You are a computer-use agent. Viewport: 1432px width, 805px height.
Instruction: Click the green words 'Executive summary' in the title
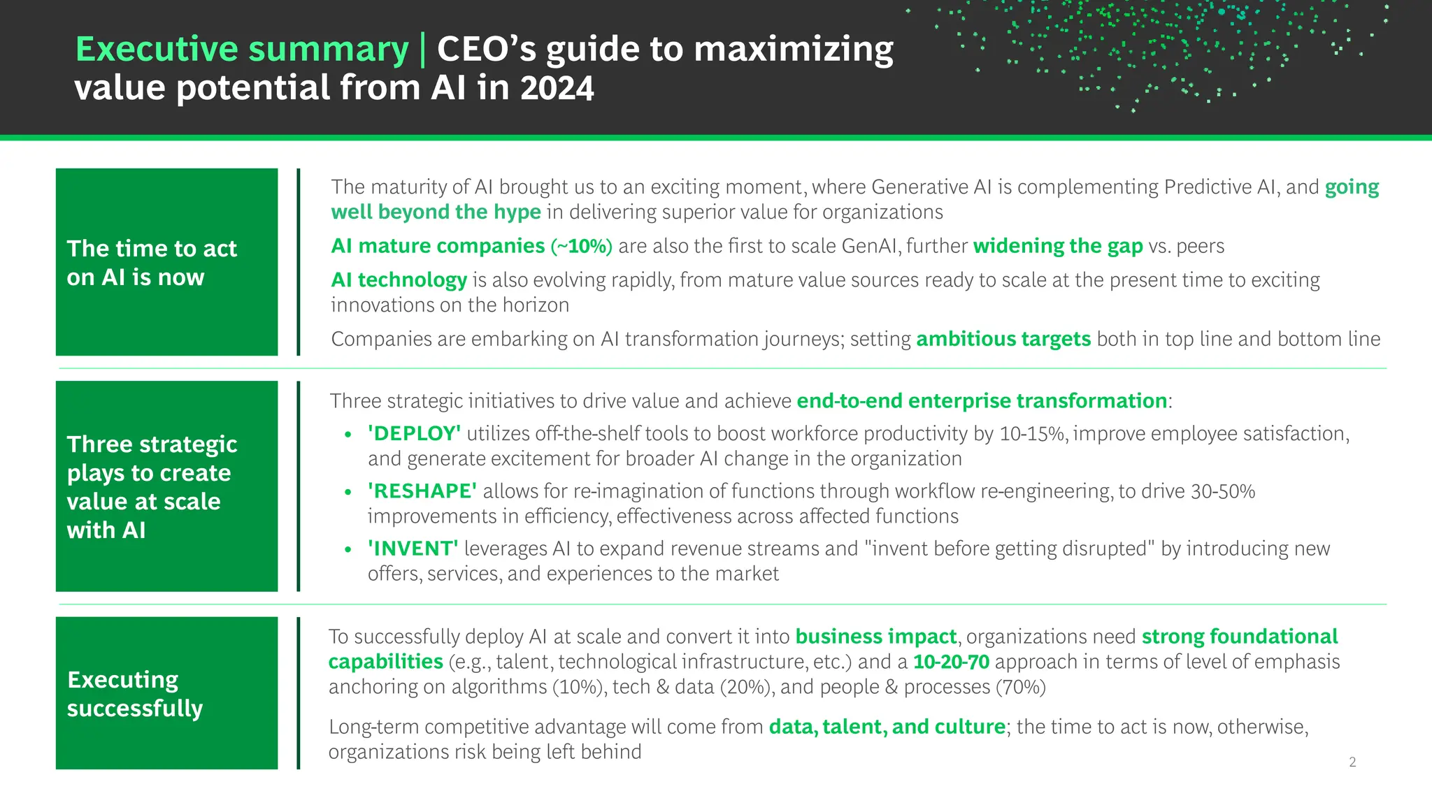[241, 50]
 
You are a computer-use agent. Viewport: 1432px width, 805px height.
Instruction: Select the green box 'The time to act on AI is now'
[166, 262]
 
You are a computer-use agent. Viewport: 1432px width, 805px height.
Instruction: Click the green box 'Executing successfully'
[166, 693]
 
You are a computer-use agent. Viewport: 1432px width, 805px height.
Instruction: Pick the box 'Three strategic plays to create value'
[166, 486]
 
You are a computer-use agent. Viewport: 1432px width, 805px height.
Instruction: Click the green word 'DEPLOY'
[414, 434]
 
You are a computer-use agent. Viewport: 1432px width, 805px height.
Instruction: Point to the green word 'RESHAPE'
[422, 491]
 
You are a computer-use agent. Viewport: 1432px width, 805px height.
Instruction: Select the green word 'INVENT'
[413, 549]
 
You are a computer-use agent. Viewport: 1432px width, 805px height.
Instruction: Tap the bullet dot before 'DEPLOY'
[348, 435]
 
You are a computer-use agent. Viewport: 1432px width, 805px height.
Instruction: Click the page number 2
[1352, 762]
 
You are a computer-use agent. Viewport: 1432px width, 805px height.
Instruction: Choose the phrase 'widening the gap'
[1058, 246]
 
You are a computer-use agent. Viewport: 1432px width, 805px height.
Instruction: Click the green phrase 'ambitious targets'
[1003, 339]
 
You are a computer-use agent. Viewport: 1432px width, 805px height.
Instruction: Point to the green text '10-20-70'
[951, 662]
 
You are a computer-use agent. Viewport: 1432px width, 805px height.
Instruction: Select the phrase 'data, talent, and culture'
[887, 727]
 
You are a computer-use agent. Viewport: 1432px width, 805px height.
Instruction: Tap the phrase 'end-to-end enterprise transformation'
[982, 401]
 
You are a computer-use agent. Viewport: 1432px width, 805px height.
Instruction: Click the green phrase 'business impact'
[875, 637]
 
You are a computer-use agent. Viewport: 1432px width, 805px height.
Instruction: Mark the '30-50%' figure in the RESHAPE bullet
[1223, 491]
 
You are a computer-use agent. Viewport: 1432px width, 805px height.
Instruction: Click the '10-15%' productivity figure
[1033, 434]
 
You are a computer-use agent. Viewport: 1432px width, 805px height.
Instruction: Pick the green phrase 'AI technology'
[399, 280]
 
